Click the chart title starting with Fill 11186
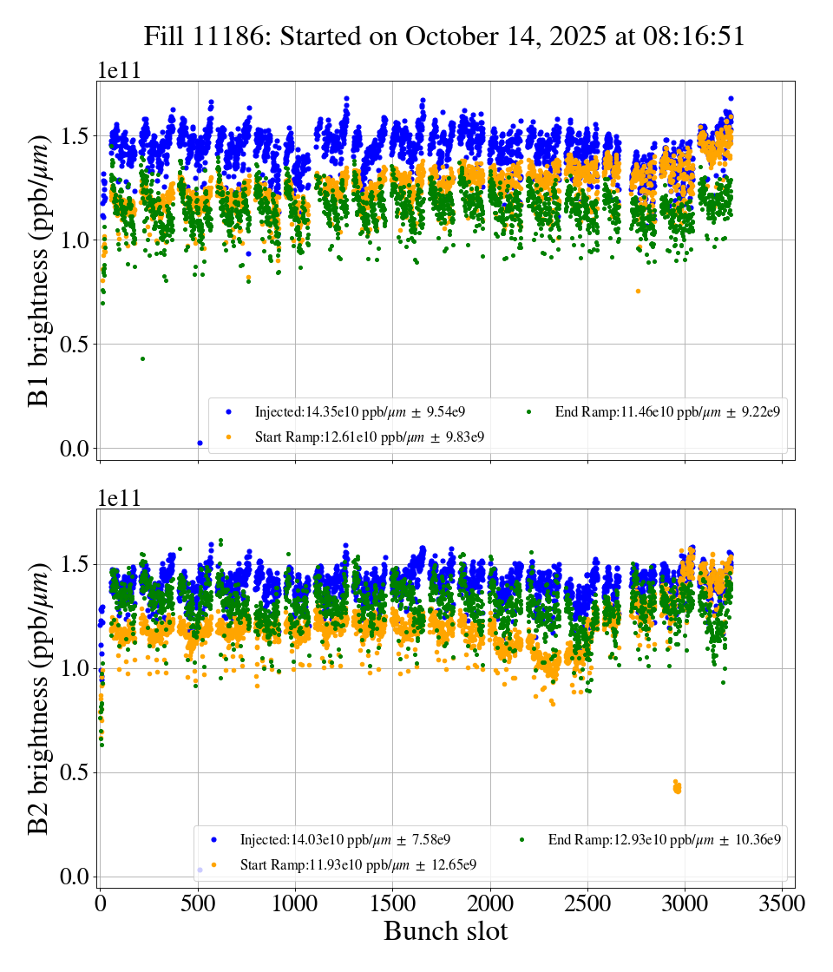click(x=444, y=36)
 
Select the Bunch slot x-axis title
click(x=445, y=931)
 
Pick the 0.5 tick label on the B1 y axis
click(x=74, y=345)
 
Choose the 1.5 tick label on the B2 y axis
click(x=74, y=565)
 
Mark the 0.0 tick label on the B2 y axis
click(x=74, y=877)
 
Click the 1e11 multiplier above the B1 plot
click(x=119, y=71)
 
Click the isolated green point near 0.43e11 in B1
click(x=142, y=358)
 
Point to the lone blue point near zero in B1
click(x=200, y=443)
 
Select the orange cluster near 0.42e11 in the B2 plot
click(x=677, y=787)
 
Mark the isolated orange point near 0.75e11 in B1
click(x=638, y=291)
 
